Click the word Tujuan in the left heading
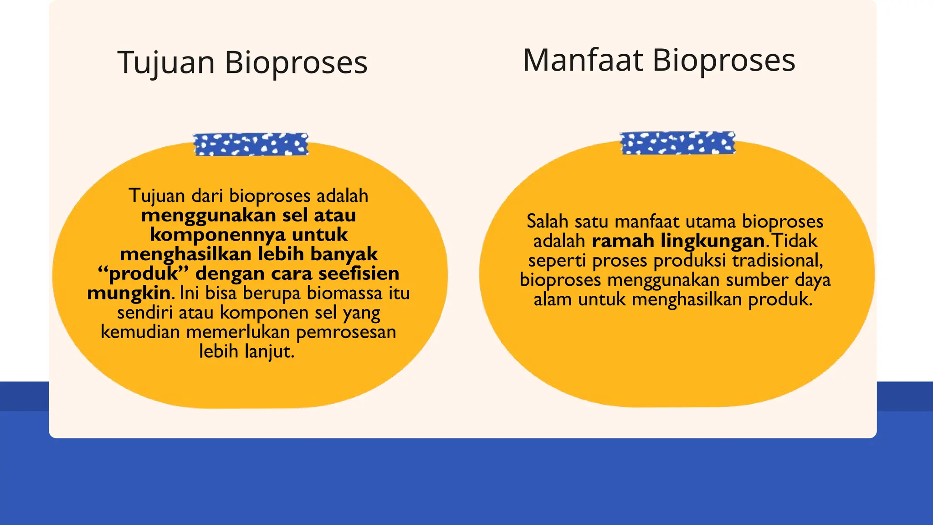click(166, 62)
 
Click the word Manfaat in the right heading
click(583, 60)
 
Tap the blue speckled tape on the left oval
click(251, 144)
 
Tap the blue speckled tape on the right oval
click(677, 143)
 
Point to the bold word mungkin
click(129, 293)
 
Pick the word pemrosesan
click(346, 332)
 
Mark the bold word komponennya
click(218, 235)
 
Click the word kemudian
click(140, 332)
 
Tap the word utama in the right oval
click(710, 221)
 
